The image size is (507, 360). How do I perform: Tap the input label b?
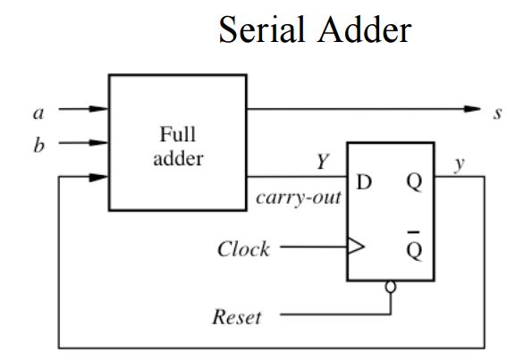[38, 143]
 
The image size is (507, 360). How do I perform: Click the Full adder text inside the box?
[177, 147]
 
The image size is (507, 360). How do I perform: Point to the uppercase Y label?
[321, 163]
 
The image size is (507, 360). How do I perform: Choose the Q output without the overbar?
[412, 182]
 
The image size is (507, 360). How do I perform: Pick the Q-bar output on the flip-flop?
[412, 247]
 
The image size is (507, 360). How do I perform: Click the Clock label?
[242, 248]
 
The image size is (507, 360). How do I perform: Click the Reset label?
[237, 316]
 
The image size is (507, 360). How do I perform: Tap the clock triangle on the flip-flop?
[356, 248]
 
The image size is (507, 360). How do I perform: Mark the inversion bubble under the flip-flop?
[391, 288]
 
